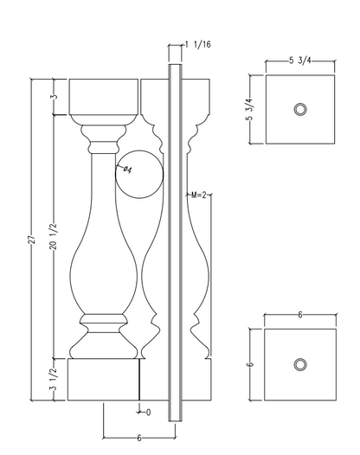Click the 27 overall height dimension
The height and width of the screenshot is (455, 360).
coord(32,240)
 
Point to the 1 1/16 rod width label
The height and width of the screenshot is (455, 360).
coord(198,44)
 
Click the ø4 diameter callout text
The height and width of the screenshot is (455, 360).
coord(127,170)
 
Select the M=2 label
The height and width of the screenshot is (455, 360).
coord(198,195)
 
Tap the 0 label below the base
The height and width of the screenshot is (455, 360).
coord(148,413)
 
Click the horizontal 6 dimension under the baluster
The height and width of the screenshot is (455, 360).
coord(139,438)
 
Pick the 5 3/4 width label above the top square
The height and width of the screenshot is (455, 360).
coord(300,61)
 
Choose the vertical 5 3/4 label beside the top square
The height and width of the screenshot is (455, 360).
coord(250,109)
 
